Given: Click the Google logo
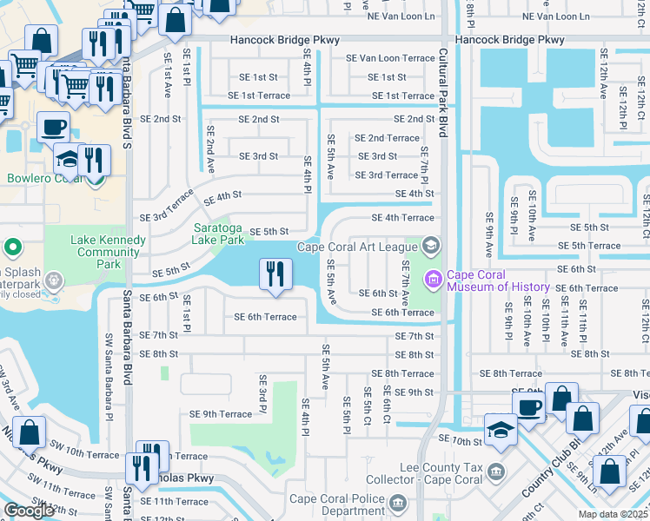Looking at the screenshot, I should pos(29,511).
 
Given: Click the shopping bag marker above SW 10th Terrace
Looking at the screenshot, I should pos(30,432).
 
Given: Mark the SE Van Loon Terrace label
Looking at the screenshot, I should pos(390,58).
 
